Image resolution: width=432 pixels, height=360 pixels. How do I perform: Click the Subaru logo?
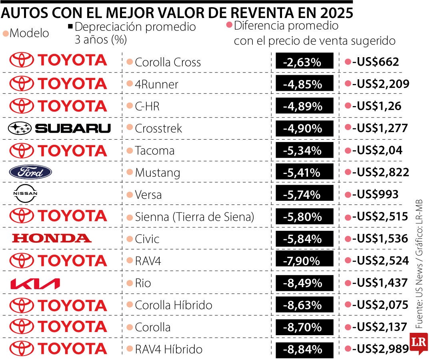point(59,128)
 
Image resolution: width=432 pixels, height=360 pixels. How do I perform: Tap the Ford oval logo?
point(30,172)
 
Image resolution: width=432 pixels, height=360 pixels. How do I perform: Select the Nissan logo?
point(25,194)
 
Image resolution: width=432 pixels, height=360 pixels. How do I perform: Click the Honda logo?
point(52,238)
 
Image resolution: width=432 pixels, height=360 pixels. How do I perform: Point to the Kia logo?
point(35,284)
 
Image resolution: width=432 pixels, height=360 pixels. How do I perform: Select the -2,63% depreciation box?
point(304,62)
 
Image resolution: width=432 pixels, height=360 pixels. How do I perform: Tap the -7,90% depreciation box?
point(304,261)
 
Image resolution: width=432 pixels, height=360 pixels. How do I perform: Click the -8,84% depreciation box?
point(304,349)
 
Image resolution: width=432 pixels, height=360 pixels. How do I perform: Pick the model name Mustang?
point(158,173)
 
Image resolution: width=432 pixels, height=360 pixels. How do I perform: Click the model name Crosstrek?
point(158,128)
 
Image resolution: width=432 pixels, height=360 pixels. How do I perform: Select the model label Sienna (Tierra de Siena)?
point(194,217)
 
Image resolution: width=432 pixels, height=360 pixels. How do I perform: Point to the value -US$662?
point(375,62)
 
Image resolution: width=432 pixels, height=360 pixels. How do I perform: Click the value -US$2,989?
point(380,349)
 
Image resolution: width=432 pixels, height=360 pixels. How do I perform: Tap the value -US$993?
point(375,194)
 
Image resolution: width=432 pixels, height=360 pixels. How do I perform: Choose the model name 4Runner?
point(157,84)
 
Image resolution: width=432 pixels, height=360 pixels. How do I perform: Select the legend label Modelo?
point(29,33)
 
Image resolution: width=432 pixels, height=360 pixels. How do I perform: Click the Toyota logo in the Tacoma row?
point(58,150)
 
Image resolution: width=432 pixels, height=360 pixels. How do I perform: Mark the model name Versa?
point(148,195)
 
